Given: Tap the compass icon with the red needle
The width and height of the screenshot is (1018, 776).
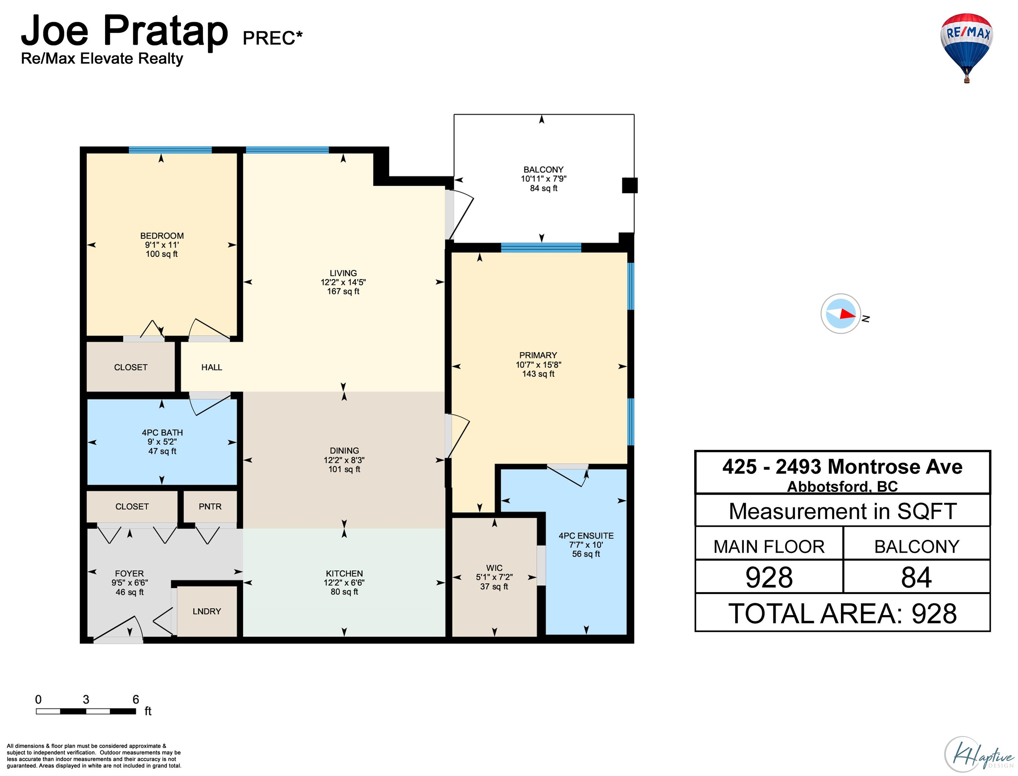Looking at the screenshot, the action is point(840,314).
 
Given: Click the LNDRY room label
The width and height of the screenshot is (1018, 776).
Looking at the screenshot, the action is point(206,611).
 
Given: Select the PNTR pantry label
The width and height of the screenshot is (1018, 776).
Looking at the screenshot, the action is point(210,506).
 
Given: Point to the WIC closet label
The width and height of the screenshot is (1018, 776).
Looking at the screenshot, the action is point(494,568).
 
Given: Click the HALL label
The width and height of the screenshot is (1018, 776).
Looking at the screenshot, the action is point(212,367).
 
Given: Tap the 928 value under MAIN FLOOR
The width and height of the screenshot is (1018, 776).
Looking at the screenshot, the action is point(769,577).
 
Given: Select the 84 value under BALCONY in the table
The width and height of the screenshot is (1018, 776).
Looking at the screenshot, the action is point(916,577).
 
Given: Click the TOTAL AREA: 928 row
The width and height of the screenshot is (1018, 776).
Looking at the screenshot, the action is point(842,613).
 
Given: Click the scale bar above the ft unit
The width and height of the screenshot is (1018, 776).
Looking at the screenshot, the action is point(86,711).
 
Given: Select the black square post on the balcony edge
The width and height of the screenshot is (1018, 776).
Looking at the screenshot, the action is point(630,185).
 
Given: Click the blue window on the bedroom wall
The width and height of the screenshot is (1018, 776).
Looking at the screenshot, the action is point(170,150).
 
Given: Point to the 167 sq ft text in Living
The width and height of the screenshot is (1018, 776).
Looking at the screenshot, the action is point(343,291).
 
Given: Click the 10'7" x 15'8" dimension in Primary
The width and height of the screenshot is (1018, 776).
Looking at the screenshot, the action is point(539,364).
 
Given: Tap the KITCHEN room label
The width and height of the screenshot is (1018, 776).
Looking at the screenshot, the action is point(344,573).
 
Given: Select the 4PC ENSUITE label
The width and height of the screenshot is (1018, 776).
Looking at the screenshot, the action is point(586,536).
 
